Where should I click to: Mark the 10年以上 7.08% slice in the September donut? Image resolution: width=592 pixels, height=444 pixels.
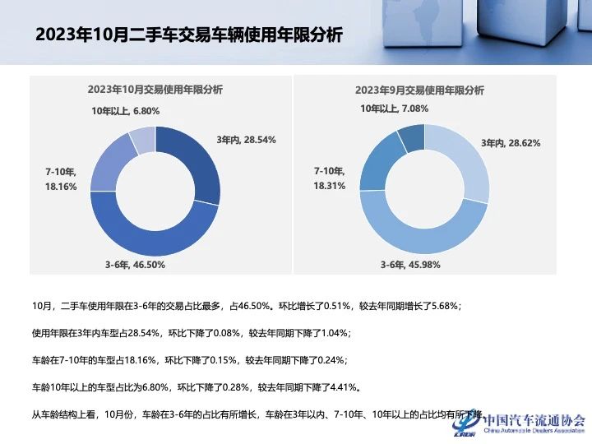pyautogui.click(x=411, y=138)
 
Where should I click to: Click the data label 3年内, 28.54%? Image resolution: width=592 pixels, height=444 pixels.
pyautogui.click(x=246, y=140)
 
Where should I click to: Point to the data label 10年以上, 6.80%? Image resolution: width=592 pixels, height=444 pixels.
pyautogui.click(x=125, y=110)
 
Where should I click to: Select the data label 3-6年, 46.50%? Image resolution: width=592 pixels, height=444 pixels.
pyautogui.click(x=135, y=265)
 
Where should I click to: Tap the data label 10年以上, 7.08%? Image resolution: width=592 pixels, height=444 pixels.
pyautogui.click(x=395, y=108)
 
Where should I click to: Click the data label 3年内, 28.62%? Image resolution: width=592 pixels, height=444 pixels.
pyautogui.click(x=511, y=143)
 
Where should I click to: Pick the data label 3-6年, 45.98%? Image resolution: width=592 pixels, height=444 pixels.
pyautogui.click(x=410, y=265)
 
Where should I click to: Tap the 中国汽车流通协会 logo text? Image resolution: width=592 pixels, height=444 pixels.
pyautogui.click(x=534, y=419)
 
